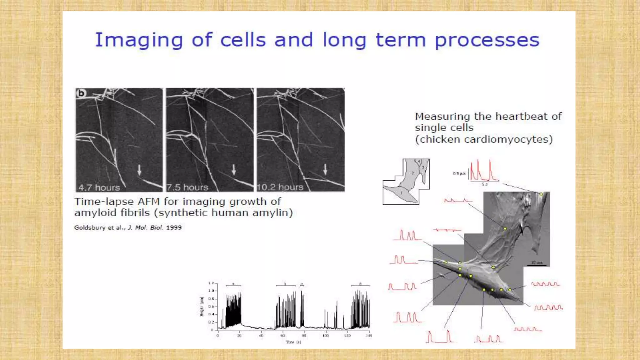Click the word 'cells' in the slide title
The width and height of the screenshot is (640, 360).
pyautogui.click(x=243, y=40)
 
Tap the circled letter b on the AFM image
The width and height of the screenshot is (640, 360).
pyautogui.click(x=81, y=93)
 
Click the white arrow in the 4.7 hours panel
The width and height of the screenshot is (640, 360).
pyautogui.click(x=139, y=170)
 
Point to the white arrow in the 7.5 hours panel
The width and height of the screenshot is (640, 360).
pyautogui.click(x=234, y=170)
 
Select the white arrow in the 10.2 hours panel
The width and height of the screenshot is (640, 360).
pyautogui.click(x=325, y=169)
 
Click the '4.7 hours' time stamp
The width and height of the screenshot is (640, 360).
pyautogui.click(x=99, y=187)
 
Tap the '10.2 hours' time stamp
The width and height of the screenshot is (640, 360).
pyautogui.click(x=280, y=187)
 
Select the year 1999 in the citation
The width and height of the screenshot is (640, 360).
pyautogui.click(x=174, y=227)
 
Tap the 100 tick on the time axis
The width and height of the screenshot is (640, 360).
pyautogui.click(x=326, y=336)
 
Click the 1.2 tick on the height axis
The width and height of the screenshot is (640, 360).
pyautogui.click(x=211, y=283)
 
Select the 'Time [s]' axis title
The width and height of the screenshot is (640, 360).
pyautogui.click(x=293, y=342)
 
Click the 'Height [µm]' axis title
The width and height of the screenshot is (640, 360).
pyautogui.click(x=202, y=306)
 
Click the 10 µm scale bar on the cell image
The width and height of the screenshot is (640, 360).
pyautogui.click(x=537, y=265)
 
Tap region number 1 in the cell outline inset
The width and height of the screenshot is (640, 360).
pyautogui.click(x=401, y=193)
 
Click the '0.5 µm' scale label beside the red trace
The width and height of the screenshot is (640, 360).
pyautogui.click(x=459, y=173)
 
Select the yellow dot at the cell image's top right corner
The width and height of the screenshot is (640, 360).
pyautogui.click(x=541, y=194)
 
